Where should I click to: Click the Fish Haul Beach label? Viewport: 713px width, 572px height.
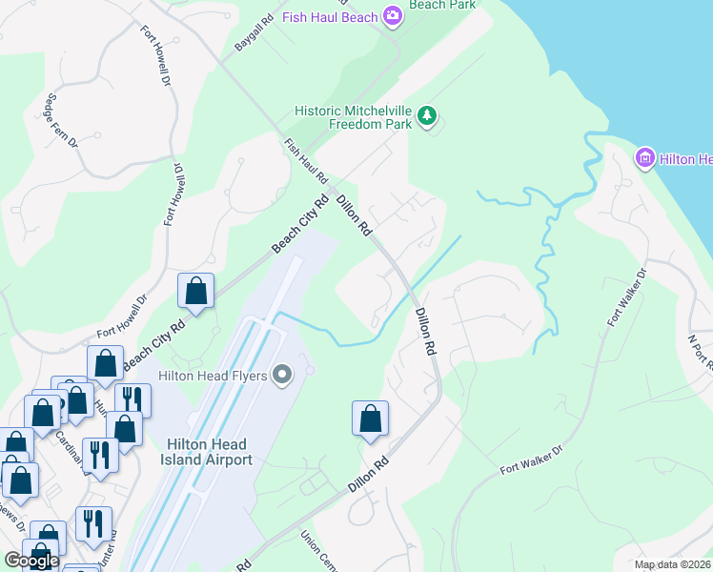[329, 15]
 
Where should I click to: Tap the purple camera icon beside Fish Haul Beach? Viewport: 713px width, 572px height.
[392, 15]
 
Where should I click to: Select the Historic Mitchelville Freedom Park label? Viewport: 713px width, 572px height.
[354, 117]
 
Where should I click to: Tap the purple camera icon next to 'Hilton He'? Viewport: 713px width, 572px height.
[644, 158]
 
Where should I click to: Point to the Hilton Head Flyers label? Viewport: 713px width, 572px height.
[214, 376]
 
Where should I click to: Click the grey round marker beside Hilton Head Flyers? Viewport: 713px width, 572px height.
[281, 376]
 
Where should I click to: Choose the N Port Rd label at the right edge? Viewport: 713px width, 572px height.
[701, 350]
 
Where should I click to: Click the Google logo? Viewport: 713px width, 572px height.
[31, 561]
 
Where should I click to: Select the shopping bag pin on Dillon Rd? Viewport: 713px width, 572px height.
[370, 419]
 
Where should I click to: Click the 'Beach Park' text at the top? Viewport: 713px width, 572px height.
[441, 5]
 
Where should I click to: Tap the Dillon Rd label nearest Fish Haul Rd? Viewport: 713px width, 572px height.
[354, 213]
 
